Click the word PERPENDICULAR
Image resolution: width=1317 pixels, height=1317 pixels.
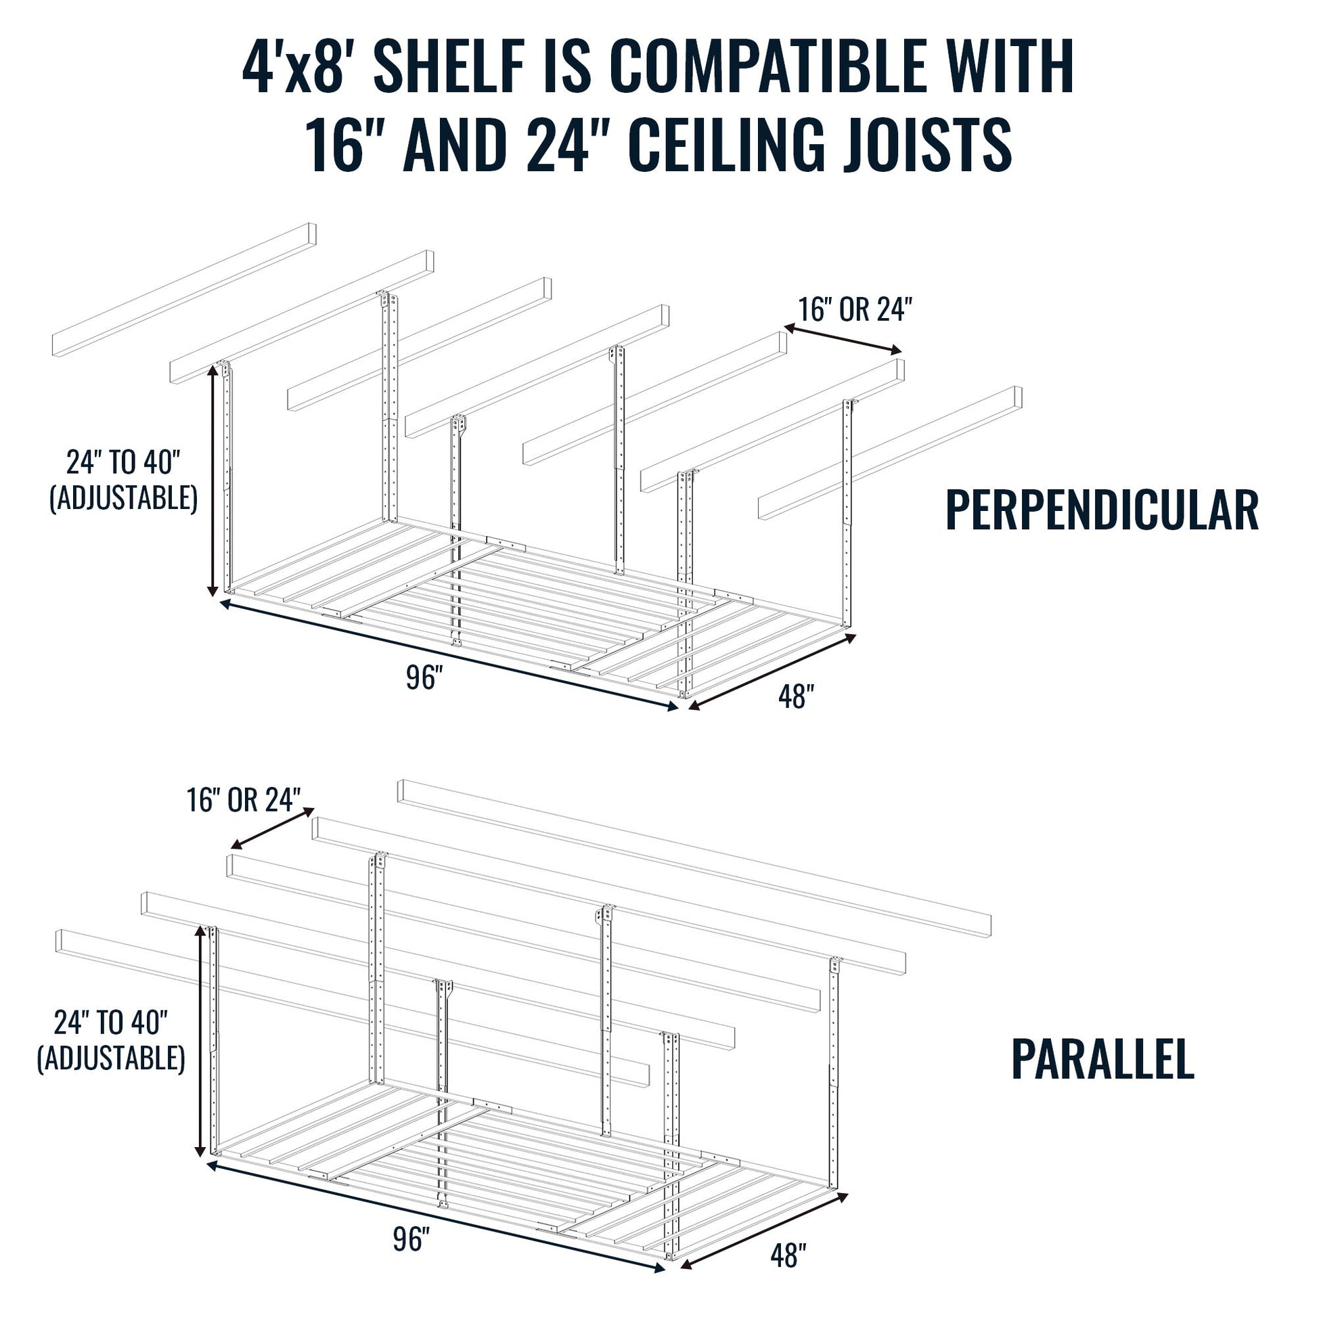[1102, 510]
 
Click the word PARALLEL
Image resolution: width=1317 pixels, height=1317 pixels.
[1102, 1077]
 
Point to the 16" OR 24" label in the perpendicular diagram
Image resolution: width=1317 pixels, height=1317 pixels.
[855, 310]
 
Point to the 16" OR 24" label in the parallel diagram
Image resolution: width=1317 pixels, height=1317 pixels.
[244, 801]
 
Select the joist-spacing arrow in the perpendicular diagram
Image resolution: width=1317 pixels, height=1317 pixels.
[843, 339]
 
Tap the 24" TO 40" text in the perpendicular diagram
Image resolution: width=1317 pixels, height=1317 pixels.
[123, 462]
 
